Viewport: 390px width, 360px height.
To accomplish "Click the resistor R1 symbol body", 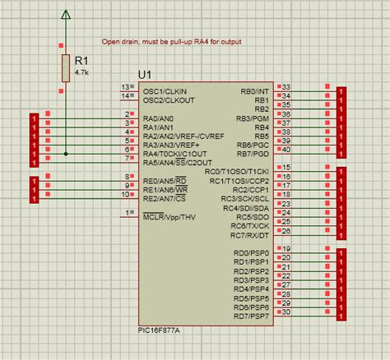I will click(66, 67).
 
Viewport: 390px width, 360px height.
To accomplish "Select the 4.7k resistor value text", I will click(81, 72).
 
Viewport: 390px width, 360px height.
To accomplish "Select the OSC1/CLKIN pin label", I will click(165, 90).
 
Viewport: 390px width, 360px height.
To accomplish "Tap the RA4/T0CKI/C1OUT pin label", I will click(174, 153).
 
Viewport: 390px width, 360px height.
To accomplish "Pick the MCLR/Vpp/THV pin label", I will click(169, 217).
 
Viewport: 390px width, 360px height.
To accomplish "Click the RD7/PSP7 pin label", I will click(251, 316).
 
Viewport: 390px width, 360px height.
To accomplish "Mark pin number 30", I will click(286, 312).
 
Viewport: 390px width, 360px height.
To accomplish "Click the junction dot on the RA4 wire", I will click(66, 153).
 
